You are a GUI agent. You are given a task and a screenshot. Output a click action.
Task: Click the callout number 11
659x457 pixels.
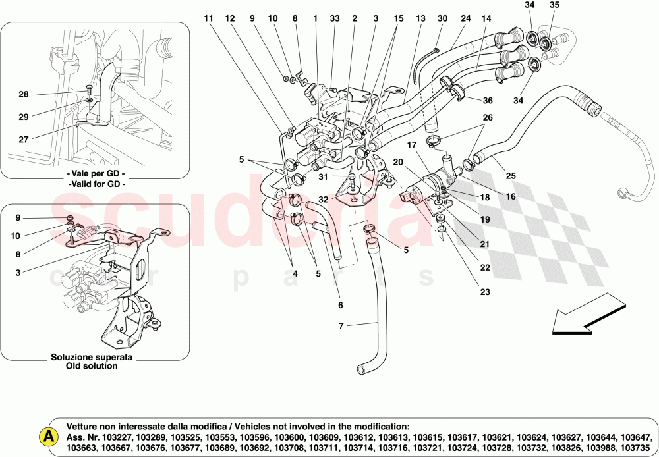pos(209,18)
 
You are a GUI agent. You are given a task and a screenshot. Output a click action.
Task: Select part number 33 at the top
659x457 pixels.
pos(335,18)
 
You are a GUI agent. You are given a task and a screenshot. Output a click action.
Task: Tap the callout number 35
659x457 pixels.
pos(554,6)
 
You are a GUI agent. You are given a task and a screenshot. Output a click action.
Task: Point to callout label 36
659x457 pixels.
pos(487,101)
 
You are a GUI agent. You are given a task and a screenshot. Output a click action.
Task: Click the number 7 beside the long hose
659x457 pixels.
pos(341,325)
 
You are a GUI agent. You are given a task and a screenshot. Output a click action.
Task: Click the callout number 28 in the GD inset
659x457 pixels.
pos(24,95)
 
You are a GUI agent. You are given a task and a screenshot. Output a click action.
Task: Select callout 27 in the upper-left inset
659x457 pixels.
pos(24,139)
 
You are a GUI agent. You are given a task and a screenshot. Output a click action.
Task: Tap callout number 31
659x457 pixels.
pos(323,176)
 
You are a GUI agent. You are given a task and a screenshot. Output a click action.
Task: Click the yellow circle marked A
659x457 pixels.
pos(47,436)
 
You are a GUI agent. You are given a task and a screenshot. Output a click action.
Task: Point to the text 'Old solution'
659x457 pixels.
pos(92,366)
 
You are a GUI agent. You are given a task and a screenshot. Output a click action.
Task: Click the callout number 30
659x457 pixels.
pos(442,18)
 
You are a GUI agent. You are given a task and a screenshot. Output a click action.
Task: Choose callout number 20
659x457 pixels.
pos(398,161)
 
